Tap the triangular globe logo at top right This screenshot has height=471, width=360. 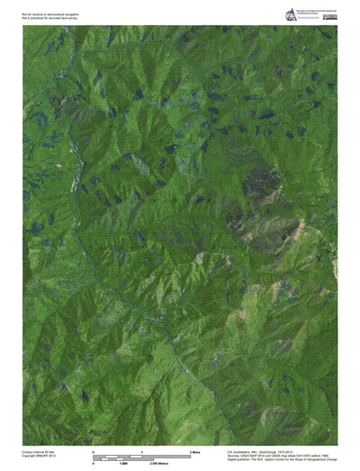pyautogui.click(x=291, y=14)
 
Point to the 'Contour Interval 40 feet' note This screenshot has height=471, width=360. pyautogui.click(x=40, y=449)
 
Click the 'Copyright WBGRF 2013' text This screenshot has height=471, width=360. pyautogui.click(x=39, y=454)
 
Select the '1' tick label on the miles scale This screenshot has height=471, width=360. pyautogui.click(x=142, y=449)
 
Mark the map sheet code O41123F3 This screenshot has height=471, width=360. pyautogui.click(x=296, y=454)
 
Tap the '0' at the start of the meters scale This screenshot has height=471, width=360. pyautogui.click(x=94, y=460)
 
